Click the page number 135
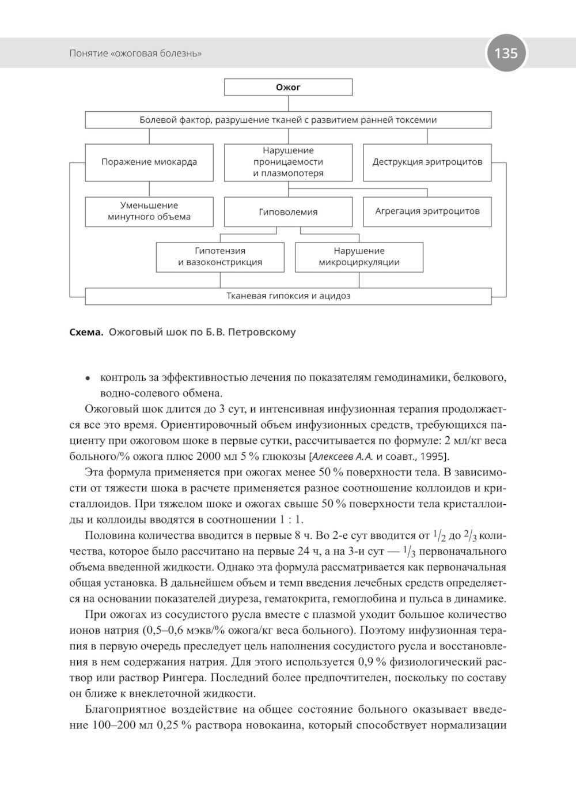tap(506, 53)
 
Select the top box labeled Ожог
tap(288, 88)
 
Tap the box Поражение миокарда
tap(149, 162)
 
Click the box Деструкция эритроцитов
tap(427, 162)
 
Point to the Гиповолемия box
tap(288, 212)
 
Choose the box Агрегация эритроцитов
tap(427, 211)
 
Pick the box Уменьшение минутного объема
tap(149, 211)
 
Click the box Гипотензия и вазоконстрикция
tap(220, 256)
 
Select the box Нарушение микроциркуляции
tap(359, 256)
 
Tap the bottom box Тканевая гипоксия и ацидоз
tap(288, 296)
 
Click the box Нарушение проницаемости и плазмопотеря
tap(288, 162)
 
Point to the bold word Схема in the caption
tap(86, 332)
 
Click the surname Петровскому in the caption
tap(262, 332)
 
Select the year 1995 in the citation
tap(431, 457)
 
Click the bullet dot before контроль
tap(88, 379)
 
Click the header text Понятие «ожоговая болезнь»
tap(135, 54)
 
